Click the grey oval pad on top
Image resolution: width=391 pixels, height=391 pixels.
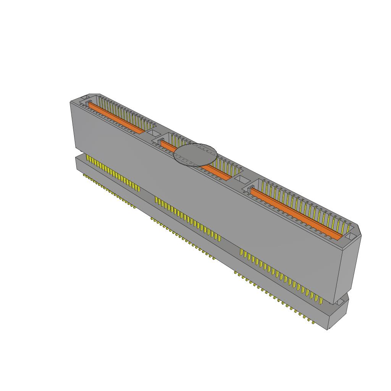tap(195, 155)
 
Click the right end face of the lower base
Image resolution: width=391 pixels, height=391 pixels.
tap(338, 315)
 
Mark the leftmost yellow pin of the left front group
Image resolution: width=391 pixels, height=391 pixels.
tap(88, 159)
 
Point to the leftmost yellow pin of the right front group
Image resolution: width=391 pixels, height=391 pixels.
tap(241, 252)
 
